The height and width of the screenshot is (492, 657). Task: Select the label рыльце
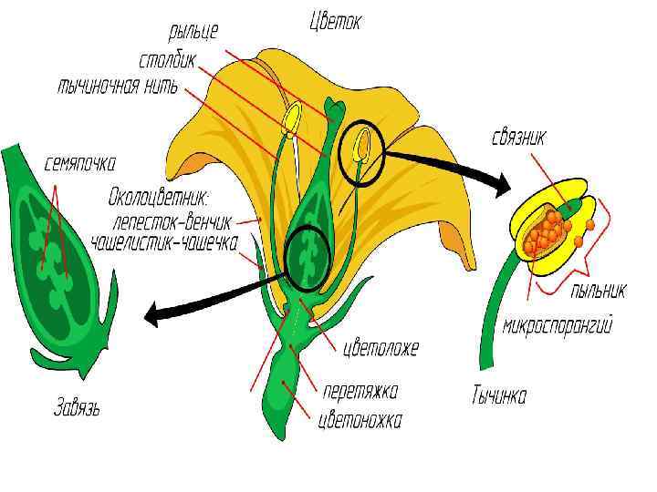tap(193, 33)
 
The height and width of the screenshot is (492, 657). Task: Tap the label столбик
tap(168, 61)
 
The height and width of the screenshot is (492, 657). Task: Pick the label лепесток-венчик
tap(172, 221)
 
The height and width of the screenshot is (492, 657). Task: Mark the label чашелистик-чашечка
tap(164, 242)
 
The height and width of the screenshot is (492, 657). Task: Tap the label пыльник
tap(598, 292)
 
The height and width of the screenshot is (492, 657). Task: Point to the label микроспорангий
tap(556, 325)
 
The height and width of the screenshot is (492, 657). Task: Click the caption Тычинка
tap(498, 396)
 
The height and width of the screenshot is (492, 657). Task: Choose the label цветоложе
tap(380, 348)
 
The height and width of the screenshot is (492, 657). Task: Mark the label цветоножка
tap(360, 420)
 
